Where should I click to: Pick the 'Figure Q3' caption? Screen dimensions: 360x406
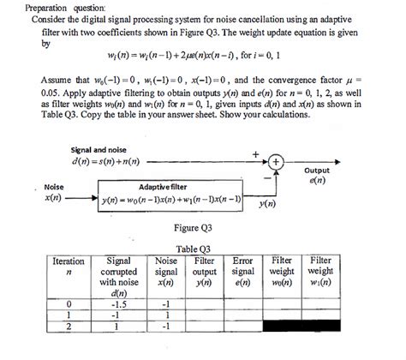pos(194,227)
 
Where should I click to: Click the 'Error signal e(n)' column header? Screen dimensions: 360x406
pos(242,270)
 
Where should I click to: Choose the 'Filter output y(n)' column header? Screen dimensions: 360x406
pos(206,270)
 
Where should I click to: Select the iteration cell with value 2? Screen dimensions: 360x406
pos(69,326)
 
